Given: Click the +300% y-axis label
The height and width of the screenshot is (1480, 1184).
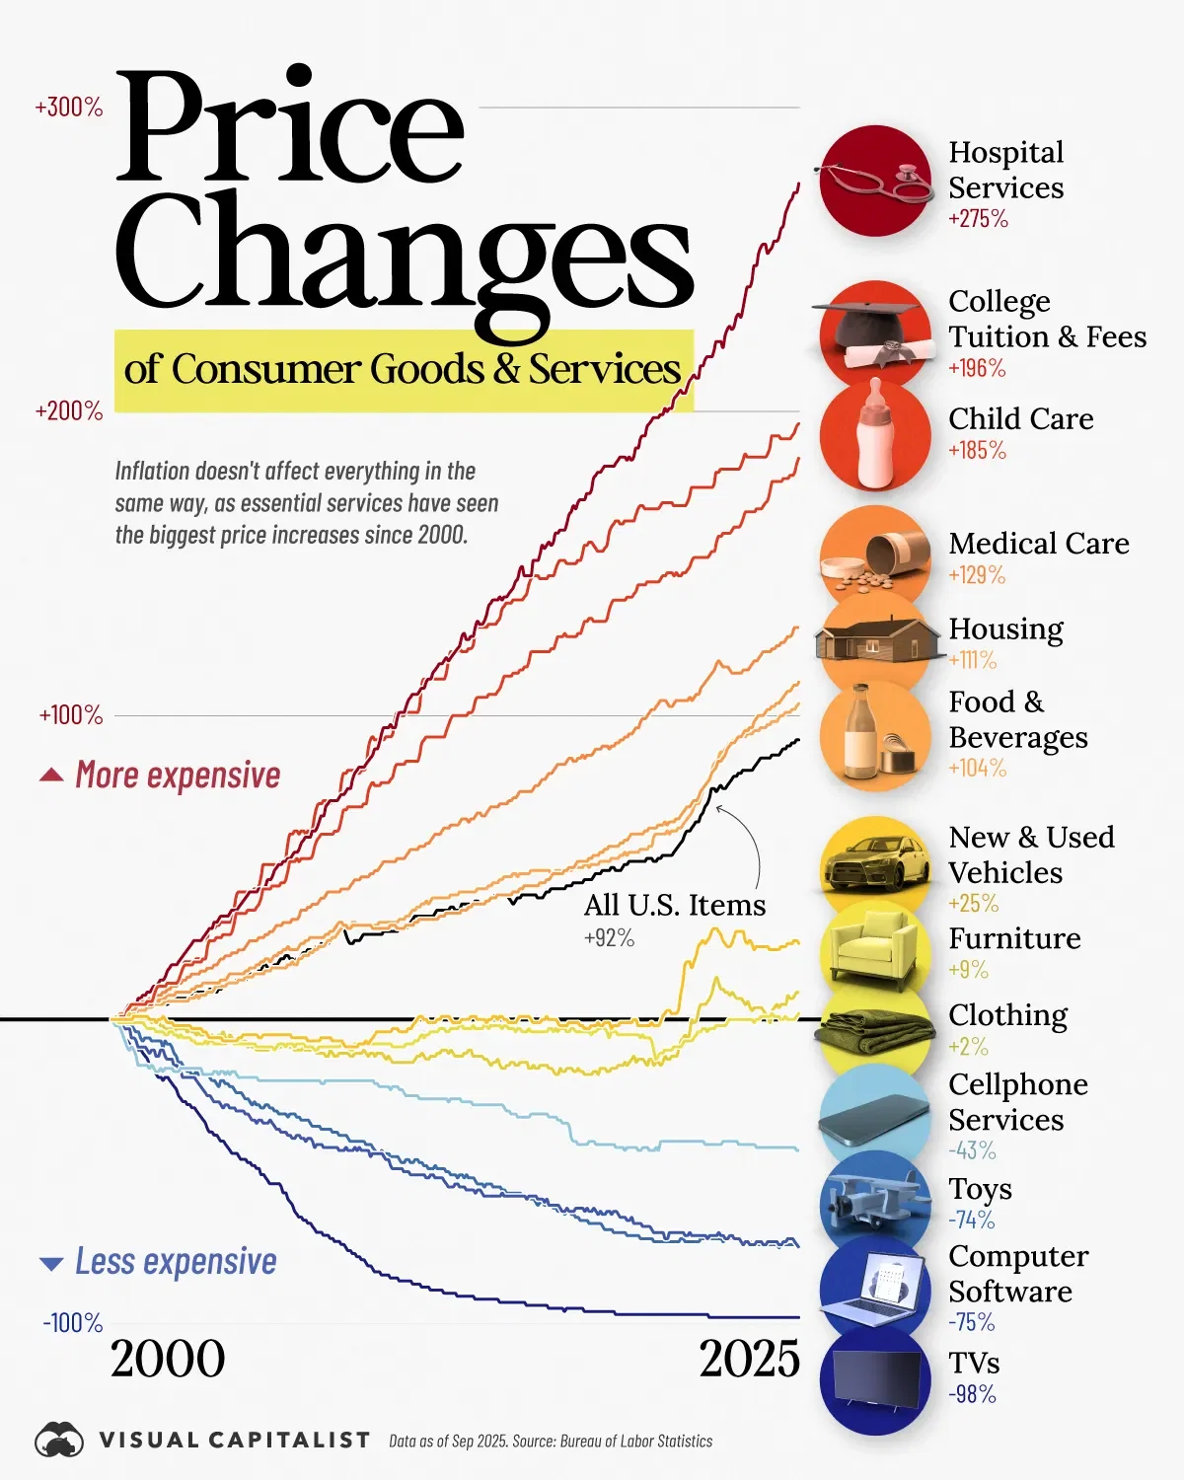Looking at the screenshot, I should [69, 108].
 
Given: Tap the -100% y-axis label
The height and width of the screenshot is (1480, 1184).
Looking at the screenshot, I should [72, 1323].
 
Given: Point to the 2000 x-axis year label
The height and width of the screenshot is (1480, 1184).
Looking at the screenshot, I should [168, 1360].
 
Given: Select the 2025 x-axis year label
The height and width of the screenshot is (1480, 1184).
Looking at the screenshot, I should [749, 1360].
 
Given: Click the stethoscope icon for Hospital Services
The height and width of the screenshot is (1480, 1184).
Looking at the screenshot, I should [874, 181].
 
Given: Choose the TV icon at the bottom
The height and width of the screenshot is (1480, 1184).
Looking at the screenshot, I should [874, 1378].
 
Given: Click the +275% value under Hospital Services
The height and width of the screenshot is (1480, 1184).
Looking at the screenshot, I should [978, 219].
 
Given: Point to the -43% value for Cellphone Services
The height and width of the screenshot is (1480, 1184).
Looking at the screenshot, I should [972, 1150].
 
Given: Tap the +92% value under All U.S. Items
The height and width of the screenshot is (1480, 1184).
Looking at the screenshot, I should [609, 938].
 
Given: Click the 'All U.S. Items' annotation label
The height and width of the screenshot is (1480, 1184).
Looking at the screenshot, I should [675, 905].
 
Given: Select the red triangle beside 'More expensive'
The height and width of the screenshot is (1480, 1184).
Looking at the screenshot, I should [51, 776].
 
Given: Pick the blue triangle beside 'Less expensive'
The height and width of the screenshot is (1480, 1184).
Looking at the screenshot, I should [51, 1264].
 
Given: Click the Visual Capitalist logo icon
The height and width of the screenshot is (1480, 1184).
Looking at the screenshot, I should [59, 1441].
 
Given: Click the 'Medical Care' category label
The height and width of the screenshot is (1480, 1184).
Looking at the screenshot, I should [1039, 544].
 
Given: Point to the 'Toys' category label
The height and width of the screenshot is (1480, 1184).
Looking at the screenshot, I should [980, 1190].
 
